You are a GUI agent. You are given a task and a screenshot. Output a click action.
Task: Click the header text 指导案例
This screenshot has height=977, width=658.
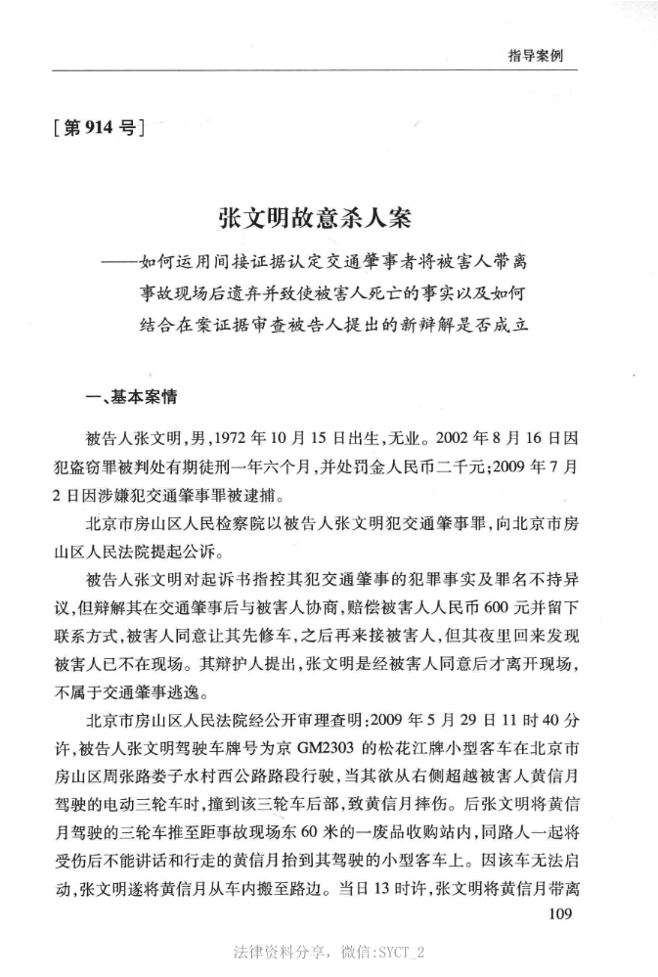535,55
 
